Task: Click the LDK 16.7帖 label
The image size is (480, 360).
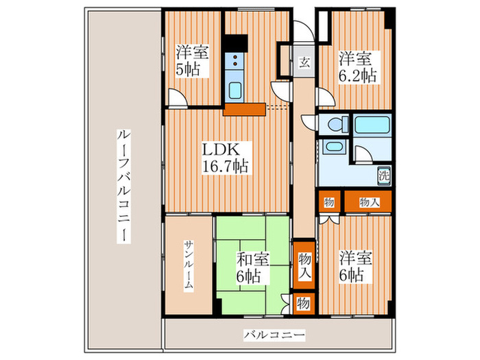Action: [224, 158]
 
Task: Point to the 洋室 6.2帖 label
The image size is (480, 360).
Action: [356, 67]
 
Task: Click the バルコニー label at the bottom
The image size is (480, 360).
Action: [274, 335]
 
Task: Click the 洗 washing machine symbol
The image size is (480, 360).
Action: [385, 174]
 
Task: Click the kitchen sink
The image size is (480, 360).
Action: [235, 90]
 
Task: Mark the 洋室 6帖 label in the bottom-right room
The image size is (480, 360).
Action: [356, 267]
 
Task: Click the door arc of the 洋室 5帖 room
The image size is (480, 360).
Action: [177, 99]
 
